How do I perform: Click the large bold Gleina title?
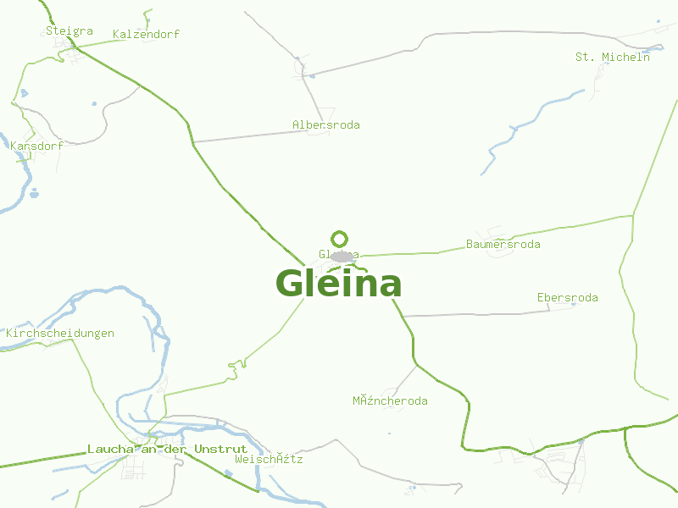pos(339,284)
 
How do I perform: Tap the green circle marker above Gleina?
pos(340,239)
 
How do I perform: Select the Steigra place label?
pos(69,31)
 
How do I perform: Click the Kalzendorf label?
pos(146,35)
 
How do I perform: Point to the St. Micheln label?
pos(613,58)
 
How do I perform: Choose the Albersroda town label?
pos(326,125)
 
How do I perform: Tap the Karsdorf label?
pos(37,146)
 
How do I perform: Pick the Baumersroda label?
pos(503,245)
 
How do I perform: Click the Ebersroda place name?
pos(568,298)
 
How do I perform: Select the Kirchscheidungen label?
pos(60,334)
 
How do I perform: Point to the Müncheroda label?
pos(390,401)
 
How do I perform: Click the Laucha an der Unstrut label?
pos(167,450)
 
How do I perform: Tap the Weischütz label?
pos(269,460)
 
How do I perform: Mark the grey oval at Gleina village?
pos(342,256)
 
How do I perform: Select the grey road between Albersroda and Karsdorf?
pos(246,136)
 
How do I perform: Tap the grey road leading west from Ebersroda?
pos(475,314)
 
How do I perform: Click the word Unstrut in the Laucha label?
pos(220,450)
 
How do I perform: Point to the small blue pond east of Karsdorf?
pos(34,193)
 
